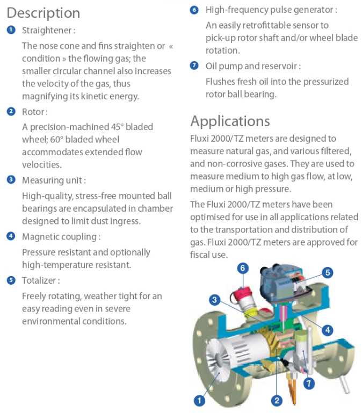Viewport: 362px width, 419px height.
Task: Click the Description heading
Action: point(43,13)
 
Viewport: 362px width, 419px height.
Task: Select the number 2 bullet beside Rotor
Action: point(11,112)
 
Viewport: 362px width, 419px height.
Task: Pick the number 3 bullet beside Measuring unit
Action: point(11,179)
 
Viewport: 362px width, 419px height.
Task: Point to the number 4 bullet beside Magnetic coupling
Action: point(11,236)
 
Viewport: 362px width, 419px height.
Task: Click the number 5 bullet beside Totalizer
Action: point(11,280)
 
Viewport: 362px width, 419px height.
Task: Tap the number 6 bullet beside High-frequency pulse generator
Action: point(194,10)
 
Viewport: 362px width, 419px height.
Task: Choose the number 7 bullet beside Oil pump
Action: point(194,66)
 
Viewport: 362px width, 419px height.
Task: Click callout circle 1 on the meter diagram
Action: point(199,400)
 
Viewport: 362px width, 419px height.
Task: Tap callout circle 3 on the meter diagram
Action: point(214,300)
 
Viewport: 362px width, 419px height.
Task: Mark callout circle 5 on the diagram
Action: point(328,272)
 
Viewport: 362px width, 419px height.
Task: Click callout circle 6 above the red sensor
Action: point(243,268)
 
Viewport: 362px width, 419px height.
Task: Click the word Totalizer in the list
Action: point(41,280)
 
